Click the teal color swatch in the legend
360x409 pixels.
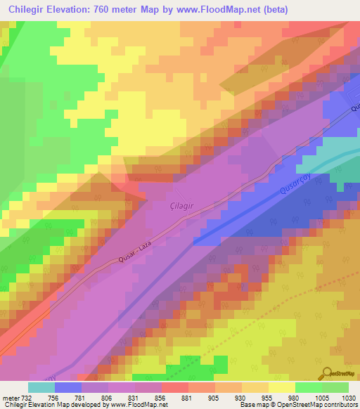(x=41, y=387)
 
